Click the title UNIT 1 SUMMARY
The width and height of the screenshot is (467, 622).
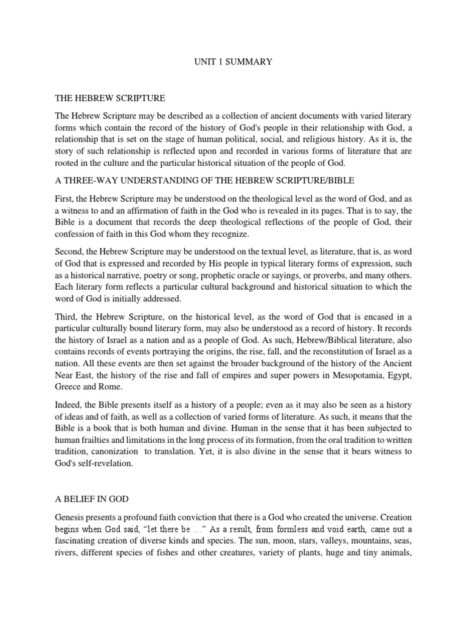tap(233, 62)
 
